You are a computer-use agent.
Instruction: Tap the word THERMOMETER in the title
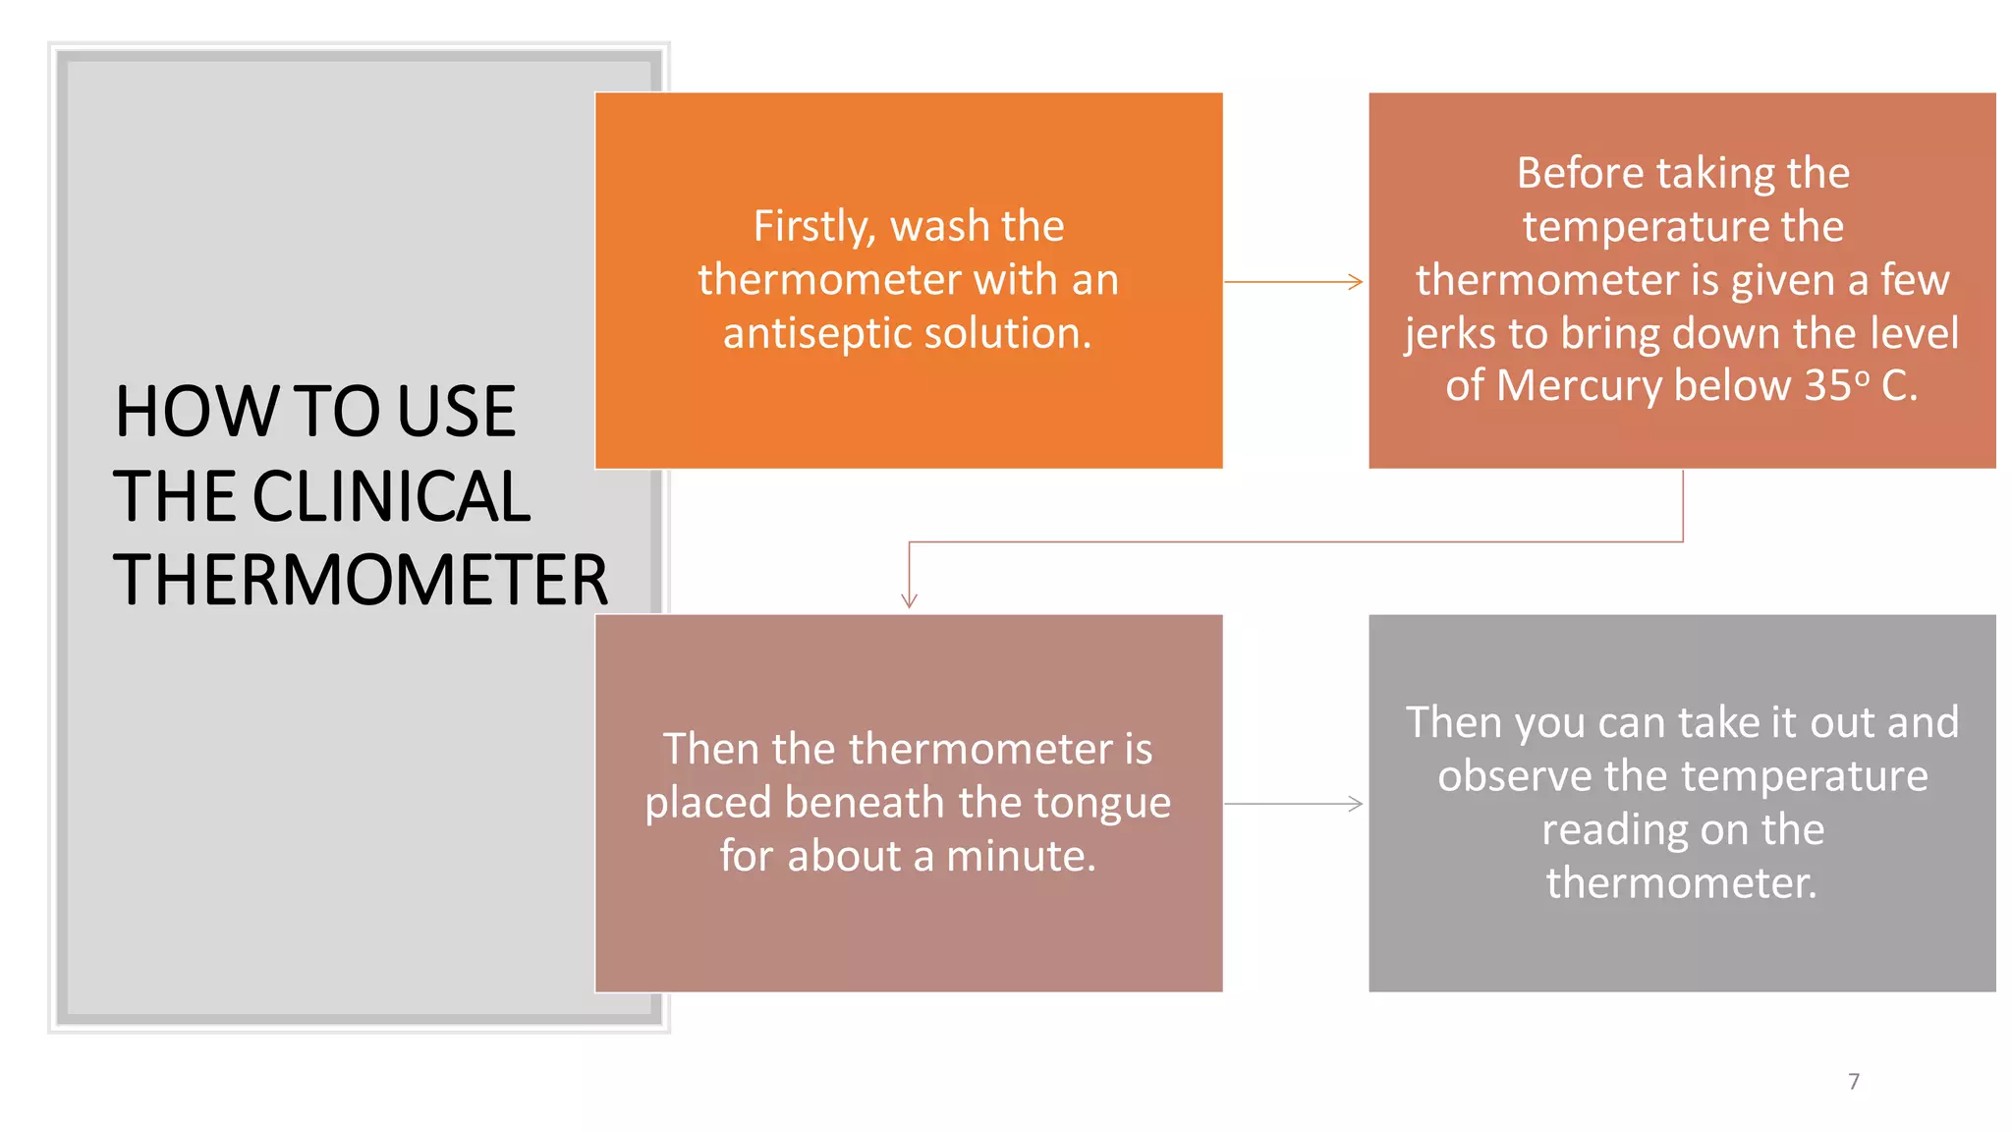(361, 580)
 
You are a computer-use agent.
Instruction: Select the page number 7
(1854, 1082)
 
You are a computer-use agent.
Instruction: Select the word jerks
(1451, 334)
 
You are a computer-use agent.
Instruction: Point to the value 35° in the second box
(1837, 385)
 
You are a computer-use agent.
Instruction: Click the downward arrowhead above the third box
(910, 600)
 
